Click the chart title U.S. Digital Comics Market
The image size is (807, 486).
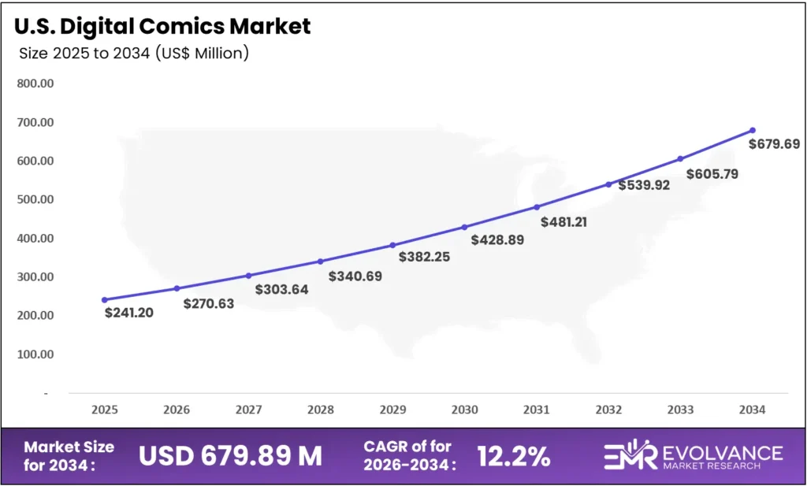coord(162,26)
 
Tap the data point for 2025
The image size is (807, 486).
coord(105,299)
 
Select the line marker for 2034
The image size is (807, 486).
coord(753,130)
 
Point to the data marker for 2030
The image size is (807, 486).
coord(465,227)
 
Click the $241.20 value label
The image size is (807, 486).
coord(128,313)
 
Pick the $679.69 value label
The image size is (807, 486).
coord(774,144)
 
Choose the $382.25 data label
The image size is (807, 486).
coord(424,257)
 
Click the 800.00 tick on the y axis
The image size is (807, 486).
coord(35,83)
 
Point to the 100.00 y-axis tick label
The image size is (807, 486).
coord(35,354)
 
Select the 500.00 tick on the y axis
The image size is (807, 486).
coord(35,199)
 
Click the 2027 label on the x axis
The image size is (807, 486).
coord(248,410)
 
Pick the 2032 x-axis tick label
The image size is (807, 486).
coord(608,410)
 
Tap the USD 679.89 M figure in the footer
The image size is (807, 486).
coord(230,455)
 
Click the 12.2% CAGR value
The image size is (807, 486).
coord(514,455)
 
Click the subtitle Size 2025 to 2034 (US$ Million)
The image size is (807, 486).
coord(133,54)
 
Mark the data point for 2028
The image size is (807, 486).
coord(321,262)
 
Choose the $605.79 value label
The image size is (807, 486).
coord(712,174)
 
